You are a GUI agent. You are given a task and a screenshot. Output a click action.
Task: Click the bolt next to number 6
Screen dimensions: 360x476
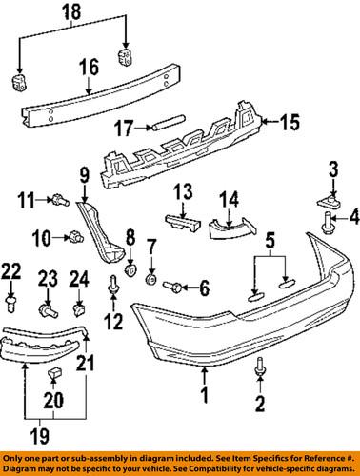tap(176, 285)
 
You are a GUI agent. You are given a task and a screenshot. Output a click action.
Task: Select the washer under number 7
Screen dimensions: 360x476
tap(150, 283)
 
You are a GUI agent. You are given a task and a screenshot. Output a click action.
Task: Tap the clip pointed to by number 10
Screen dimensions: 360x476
tap(72, 236)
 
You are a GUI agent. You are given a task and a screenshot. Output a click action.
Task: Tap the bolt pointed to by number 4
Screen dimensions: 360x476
tap(329, 247)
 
